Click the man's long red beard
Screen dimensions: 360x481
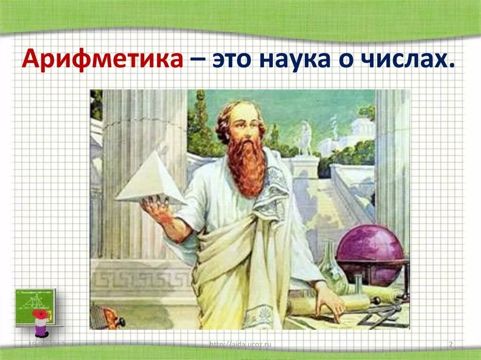[x=246, y=164]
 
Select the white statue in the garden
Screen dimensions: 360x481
[x=305, y=138]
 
